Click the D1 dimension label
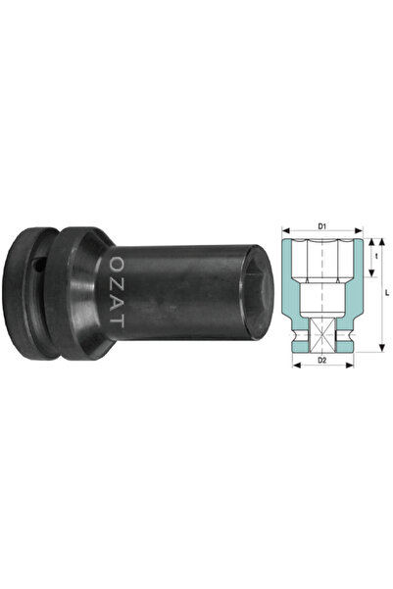point(322,226)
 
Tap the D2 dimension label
point(322,361)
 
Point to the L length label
point(387,293)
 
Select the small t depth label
point(376,258)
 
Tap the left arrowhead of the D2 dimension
point(297,365)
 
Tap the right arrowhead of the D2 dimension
point(350,365)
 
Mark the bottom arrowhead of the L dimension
point(382,348)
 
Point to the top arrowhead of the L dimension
point(382,242)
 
